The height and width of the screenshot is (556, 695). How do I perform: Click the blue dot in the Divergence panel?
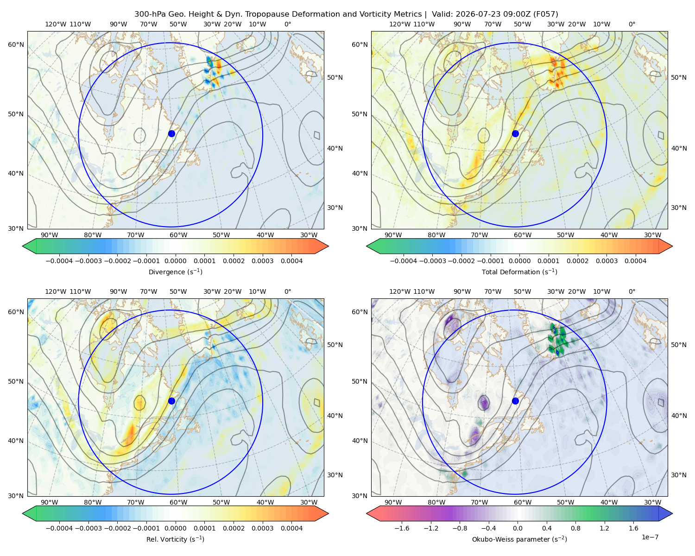(x=171, y=133)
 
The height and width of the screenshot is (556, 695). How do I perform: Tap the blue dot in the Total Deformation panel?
(x=515, y=133)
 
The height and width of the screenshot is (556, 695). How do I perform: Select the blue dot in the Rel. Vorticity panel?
(x=171, y=401)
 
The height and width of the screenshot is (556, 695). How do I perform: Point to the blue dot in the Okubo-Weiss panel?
(x=515, y=401)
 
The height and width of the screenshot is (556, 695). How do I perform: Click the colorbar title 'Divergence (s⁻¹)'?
(x=175, y=272)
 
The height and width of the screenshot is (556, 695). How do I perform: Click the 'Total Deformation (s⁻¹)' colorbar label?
(x=519, y=272)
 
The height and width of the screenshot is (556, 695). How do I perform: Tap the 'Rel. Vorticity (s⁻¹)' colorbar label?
(x=175, y=539)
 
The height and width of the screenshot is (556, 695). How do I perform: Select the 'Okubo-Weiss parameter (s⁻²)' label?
(x=519, y=539)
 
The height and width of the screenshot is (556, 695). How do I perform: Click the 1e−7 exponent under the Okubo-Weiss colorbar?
(x=650, y=537)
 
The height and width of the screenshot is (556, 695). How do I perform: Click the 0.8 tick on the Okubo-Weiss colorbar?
(x=575, y=528)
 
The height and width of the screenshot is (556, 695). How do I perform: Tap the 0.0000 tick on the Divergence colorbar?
(x=175, y=261)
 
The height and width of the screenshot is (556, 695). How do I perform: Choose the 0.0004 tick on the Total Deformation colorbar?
(x=636, y=261)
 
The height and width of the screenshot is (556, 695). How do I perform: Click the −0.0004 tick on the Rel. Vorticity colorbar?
(x=59, y=528)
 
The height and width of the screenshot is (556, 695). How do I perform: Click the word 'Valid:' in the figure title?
(x=442, y=14)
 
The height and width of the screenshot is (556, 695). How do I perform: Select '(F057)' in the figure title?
(x=546, y=14)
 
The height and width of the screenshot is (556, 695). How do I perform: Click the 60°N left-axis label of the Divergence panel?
(x=16, y=44)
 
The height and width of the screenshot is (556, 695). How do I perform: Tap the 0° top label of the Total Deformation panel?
(x=632, y=24)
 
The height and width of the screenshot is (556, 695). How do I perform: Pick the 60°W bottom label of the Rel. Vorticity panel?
(x=178, y=502)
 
